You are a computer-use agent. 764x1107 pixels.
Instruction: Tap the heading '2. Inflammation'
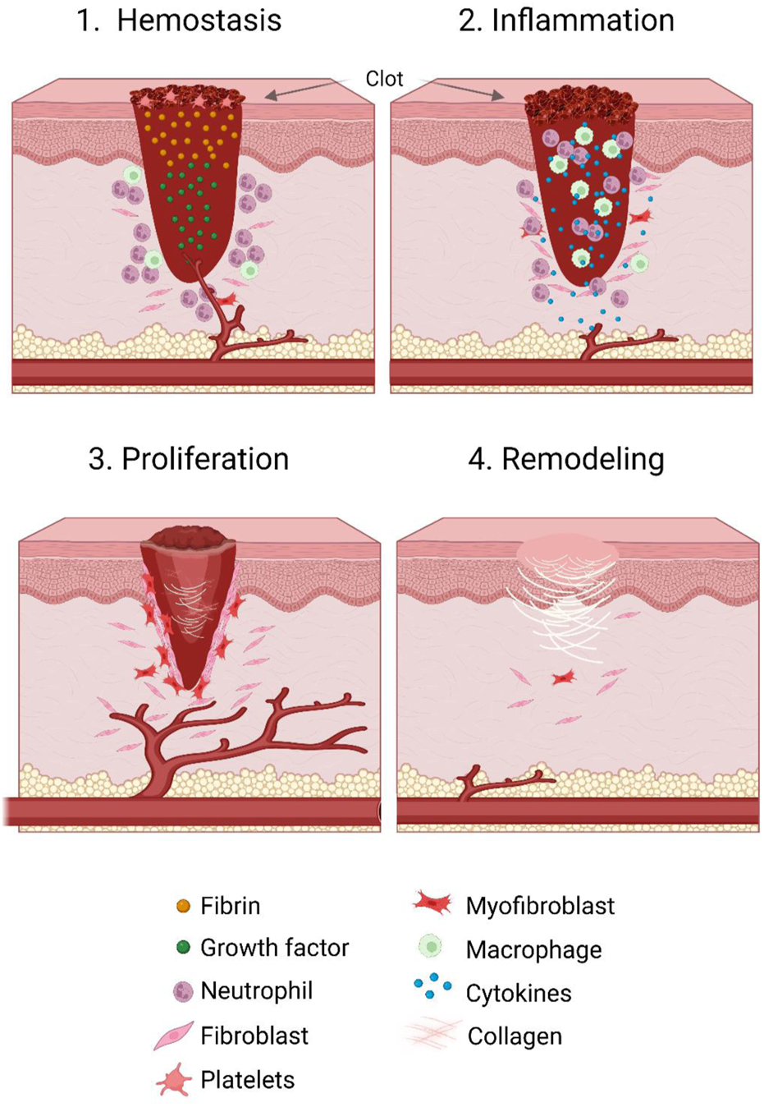tap(566, 21)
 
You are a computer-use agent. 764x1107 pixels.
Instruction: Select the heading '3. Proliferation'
tap(189, 459)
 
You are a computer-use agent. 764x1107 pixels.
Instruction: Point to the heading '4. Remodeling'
tap(566, 459)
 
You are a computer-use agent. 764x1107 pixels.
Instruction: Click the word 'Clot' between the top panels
tap(384, 79)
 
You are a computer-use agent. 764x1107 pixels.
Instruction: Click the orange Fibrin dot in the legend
tap(184, 906)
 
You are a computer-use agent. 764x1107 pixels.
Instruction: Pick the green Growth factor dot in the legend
tap(184, 948)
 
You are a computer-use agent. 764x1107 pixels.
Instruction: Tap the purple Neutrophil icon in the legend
tap(183, 991)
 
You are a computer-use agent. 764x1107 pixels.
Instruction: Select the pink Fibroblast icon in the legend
tap(174, 1036)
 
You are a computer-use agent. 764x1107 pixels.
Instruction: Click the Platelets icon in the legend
tap(174, 1080)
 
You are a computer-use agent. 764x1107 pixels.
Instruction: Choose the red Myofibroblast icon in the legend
tap(432, 903)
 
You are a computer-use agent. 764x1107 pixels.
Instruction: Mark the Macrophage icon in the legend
tap(430, 947)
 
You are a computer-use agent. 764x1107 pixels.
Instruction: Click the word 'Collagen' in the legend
tap(515, 1036)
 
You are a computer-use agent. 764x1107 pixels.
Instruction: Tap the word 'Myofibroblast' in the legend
tap(540, 906)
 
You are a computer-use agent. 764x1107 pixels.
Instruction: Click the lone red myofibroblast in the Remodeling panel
tap(563, 678)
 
